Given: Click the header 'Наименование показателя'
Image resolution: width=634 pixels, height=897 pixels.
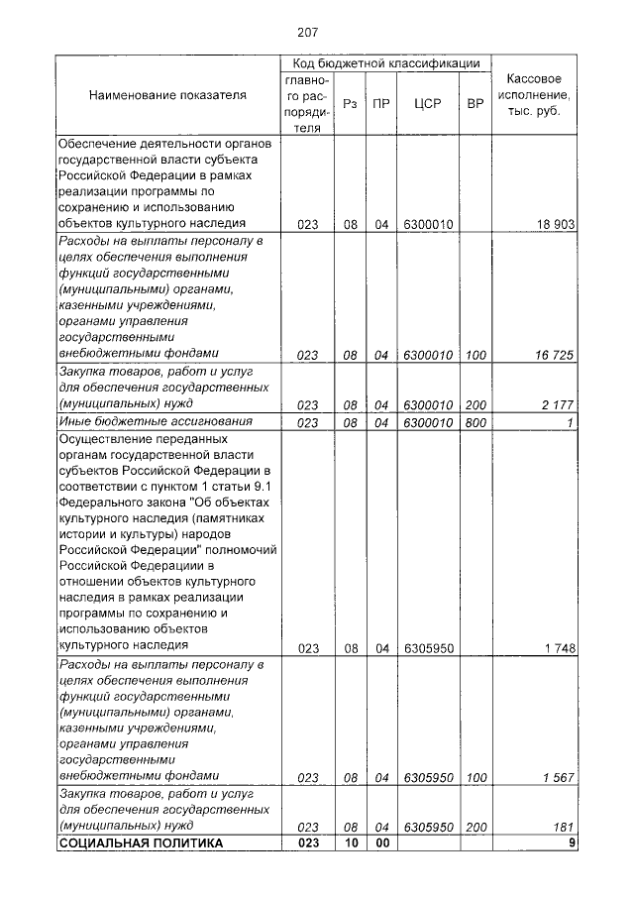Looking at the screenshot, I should pyautogui.click(x=167, y=96).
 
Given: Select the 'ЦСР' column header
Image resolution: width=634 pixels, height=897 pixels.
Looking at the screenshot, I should pyautogui.click(x=428, y=102).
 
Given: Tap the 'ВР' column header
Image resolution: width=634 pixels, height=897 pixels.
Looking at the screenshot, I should pyautogui.click(x=475, y=102).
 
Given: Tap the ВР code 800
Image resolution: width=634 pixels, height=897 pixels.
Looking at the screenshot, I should pyautogui.click(x=475, y=422).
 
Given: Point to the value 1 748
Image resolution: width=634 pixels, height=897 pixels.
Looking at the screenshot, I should pyautogui.click(x=559, y=648).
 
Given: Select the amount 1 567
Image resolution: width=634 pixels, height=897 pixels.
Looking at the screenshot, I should pyautogui.click(x=559, y=776).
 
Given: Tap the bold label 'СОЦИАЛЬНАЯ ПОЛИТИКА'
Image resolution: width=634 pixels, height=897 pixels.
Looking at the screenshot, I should pyautogui.click(x=142, y=843).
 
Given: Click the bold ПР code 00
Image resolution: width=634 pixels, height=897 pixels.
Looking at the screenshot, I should pyautogui.click(x=381, y=843).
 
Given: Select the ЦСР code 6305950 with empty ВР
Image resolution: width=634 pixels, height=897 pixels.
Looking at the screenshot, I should pyautogui.click(x=428, y=648).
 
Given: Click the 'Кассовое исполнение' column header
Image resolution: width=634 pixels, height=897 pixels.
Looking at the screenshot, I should pyautogui.click(x=534, y=94).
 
